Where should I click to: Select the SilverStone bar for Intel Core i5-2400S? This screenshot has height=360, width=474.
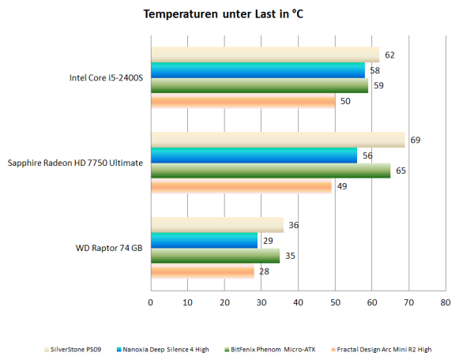point(265,54)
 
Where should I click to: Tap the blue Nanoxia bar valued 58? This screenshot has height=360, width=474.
point(258,70)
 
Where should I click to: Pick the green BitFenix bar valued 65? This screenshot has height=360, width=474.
point(270,171)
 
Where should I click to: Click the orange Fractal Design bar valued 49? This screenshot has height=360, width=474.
point(241,186)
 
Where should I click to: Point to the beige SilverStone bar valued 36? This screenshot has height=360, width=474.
point(216,225)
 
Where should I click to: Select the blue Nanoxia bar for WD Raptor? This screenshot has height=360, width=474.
point(204,241)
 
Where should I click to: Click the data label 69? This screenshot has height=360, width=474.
point(415,140)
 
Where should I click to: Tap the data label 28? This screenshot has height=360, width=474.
point(264,272)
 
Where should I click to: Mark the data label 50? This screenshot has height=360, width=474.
point(344,101)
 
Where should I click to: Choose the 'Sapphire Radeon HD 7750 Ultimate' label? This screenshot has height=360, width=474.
point(75,163)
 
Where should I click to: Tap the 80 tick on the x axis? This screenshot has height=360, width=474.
point(446,302)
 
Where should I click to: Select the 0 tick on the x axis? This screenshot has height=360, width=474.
point(151,302)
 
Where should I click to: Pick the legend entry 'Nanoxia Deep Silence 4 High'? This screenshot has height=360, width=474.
point(164,348)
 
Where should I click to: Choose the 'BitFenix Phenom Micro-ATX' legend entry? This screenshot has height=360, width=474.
point(269,348)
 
